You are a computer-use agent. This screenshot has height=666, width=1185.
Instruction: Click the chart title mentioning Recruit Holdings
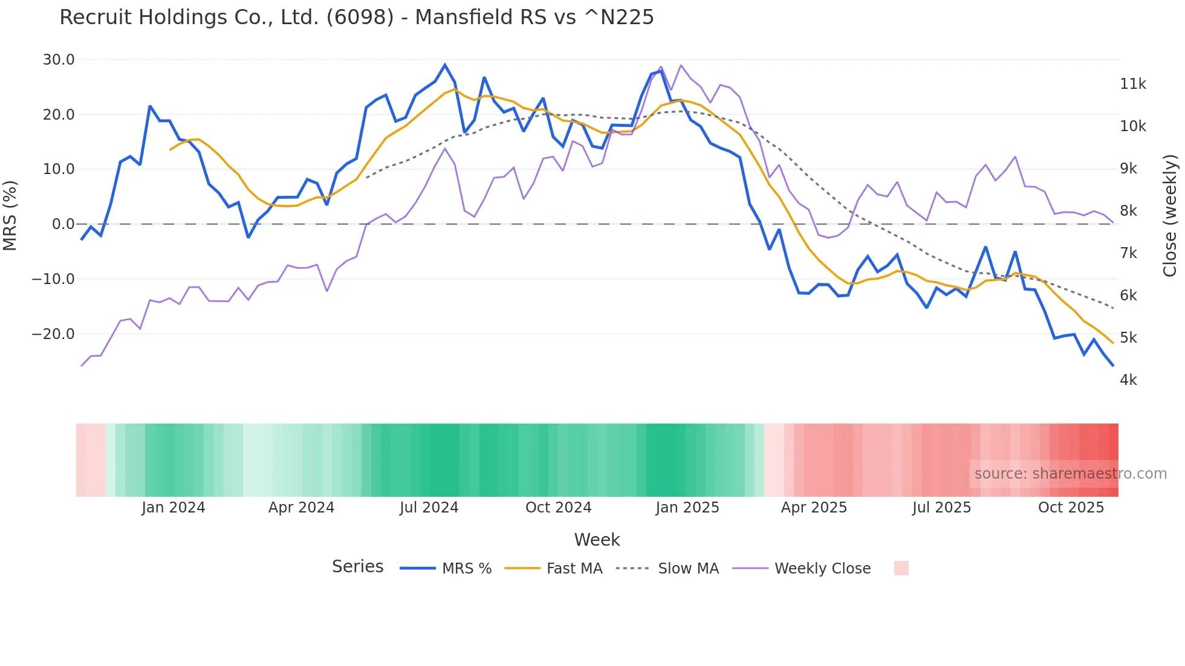[x=357, y=18]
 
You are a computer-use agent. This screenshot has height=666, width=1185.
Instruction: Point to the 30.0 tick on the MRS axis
[x=59, y=60]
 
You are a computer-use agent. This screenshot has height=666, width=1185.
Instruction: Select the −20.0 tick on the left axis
[x=53, y=334]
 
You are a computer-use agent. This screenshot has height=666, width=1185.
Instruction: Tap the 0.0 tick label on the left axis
[x=63, y=224]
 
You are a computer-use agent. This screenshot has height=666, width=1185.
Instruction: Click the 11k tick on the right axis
[x=1132, y=84]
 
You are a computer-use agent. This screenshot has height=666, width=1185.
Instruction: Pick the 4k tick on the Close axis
[x=1128, y=380]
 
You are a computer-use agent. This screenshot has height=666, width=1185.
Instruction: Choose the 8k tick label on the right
[x=1128, y=211]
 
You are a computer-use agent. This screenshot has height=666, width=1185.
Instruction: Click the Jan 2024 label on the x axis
[x=174, y=508]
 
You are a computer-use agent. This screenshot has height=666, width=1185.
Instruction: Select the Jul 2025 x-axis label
[x=941, y=508]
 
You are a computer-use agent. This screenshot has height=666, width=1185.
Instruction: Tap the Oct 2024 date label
[x=558, y=508]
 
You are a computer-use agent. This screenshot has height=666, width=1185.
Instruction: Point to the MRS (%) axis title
[x=10, y=215]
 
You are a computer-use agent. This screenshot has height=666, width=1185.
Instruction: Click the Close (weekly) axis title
[x=1170, y=215]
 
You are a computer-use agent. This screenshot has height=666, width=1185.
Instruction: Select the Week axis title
[x=597, y=540]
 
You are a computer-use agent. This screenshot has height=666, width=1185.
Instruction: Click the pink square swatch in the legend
[x=901, y=568]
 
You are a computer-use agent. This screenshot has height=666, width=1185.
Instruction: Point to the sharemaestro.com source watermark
[x=1070, y=474]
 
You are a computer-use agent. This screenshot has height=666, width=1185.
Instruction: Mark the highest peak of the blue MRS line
[x=445, y=65]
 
